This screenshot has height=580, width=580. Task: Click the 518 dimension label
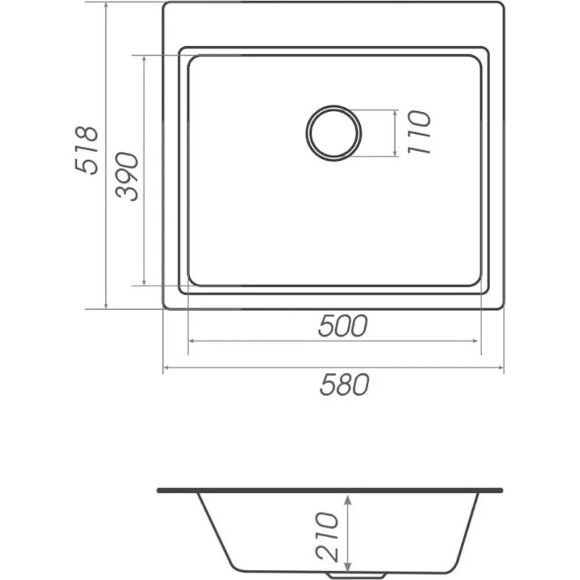click(87, 150)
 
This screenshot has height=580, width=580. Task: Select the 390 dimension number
click(127, 177)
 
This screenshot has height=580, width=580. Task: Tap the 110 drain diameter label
click(419, 132)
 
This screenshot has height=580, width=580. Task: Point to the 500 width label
click(342, 325)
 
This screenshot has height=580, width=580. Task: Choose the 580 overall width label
click(345, 385)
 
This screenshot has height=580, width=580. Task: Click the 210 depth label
click(327, 537)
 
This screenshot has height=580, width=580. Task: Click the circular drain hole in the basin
click(333, 133)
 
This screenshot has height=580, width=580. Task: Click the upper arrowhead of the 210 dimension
click(347, 501)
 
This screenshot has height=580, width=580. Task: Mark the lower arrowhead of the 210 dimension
click(347, 567)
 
